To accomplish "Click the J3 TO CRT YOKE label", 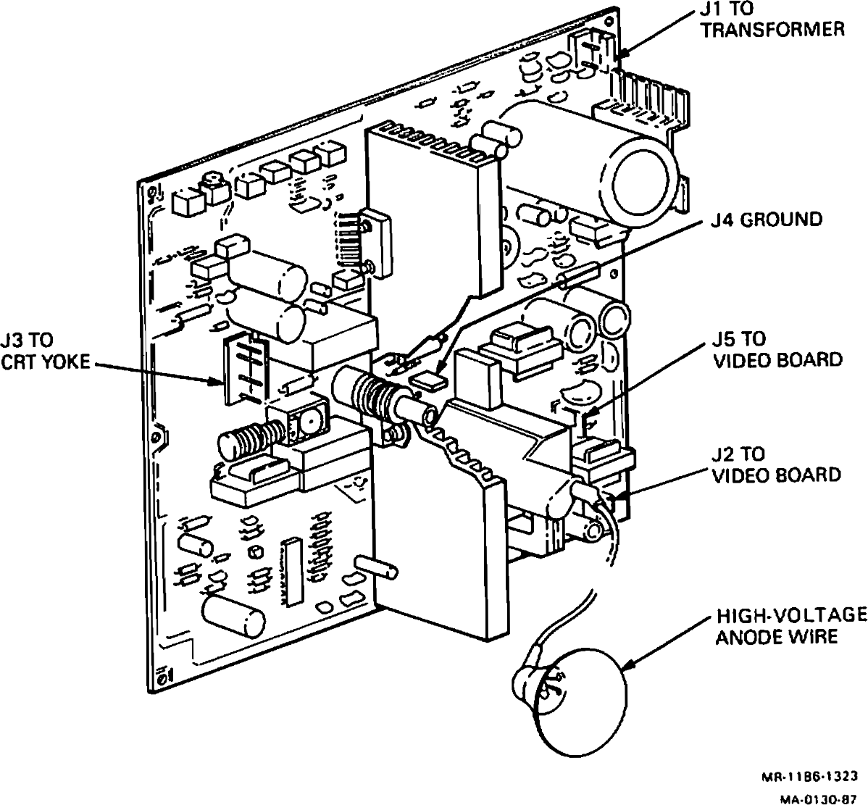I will tap(47, 351).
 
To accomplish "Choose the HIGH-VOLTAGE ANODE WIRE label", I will tap(790, 626).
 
